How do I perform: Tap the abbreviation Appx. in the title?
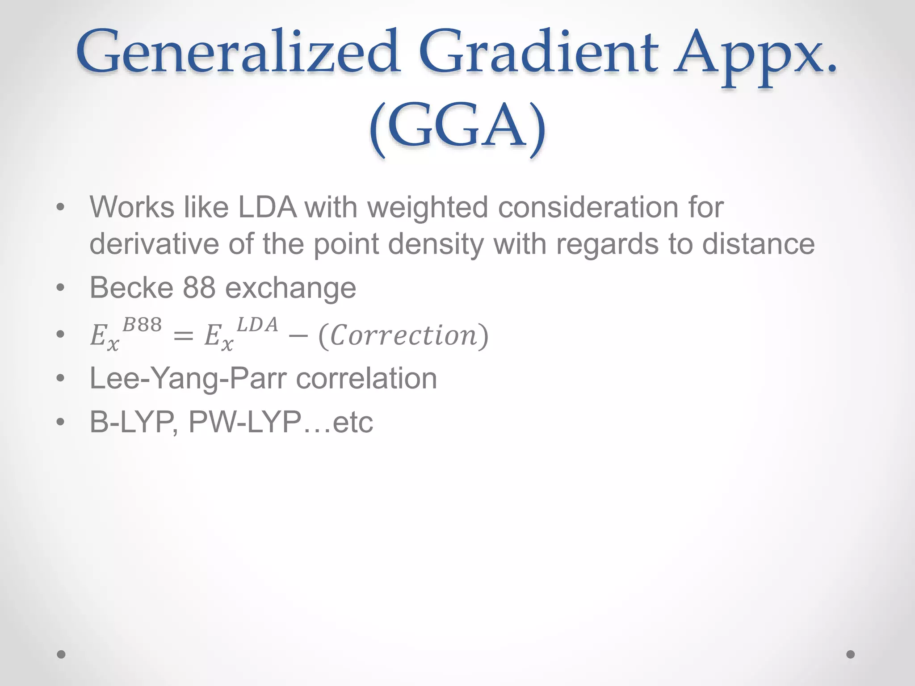(x=755, y=56)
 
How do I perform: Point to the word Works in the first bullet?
(x=132, y=208)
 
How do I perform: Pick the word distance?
(x=758, y=244)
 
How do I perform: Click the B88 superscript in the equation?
(x=142, y=325)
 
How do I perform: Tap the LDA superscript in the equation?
(x=257, y=325)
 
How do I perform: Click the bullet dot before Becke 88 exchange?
(x=61, y=288)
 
